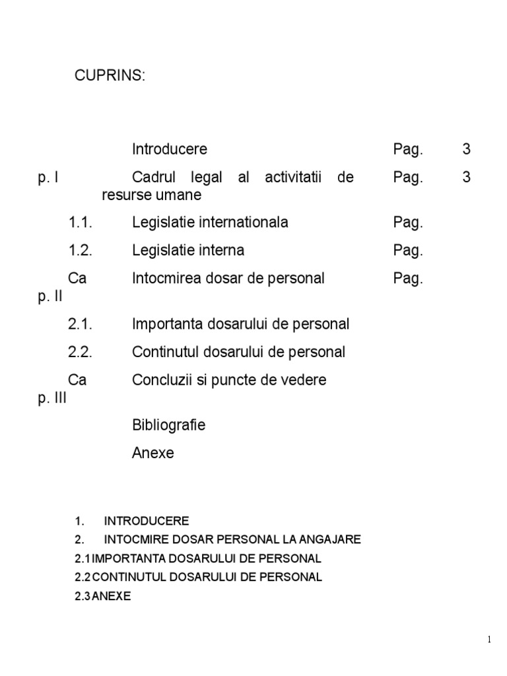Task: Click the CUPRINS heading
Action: point(109,76)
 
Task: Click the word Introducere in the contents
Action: point(169,149)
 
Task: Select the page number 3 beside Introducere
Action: point(467,149)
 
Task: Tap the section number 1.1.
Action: point(80,222)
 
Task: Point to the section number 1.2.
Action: point(80,251)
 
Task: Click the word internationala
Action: point(247,222)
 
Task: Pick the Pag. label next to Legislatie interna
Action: point(407,251)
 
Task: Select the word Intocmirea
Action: point(164,279)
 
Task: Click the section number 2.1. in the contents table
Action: point(80,324)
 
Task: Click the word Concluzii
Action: point(161,380)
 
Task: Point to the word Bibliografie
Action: point(168,425)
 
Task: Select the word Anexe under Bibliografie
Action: point(152,454)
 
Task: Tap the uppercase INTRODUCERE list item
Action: point(147,521)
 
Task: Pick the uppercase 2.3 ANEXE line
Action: point(103,595)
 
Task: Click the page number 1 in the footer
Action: point(489,640)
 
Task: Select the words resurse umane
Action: point(151,196)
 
